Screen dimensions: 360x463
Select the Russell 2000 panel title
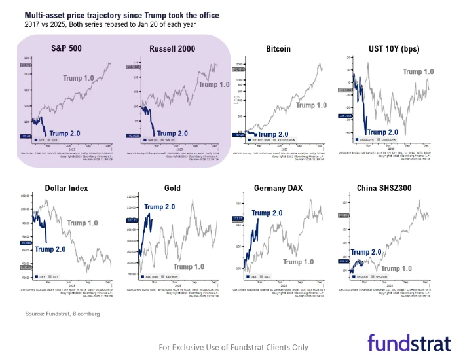tap(172, 48)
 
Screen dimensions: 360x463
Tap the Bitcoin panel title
tap(278, 48)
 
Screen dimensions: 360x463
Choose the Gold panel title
tap(172, 189)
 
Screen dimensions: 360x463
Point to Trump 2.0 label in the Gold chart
tap(160, 207)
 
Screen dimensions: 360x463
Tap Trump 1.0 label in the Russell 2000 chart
tap(213, 84)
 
